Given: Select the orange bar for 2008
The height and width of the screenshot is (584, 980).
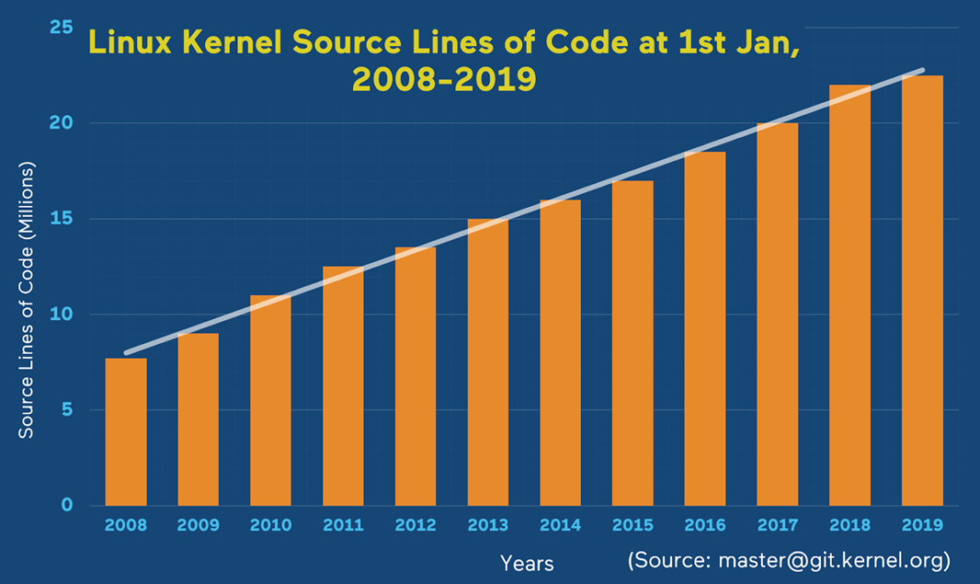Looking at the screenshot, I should (126, 431).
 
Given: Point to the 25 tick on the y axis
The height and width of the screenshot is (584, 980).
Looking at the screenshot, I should (62, 28).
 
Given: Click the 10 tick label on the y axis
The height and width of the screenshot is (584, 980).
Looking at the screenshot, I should (62, 315).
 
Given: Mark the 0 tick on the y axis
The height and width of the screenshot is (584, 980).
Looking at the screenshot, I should (66, 505).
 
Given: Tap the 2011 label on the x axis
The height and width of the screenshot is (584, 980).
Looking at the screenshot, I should (343, 526).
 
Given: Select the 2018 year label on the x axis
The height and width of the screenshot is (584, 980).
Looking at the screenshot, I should (850, 526).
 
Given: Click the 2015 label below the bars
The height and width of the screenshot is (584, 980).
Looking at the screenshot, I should (632, 526).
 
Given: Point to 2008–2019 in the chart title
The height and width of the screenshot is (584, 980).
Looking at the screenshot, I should (443, 80).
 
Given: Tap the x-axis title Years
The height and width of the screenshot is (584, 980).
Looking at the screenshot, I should (527, 562).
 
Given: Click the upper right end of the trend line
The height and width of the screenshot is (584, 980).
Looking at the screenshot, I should (922, 70).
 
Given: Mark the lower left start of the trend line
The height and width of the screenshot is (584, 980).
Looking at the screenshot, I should (127, 352).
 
